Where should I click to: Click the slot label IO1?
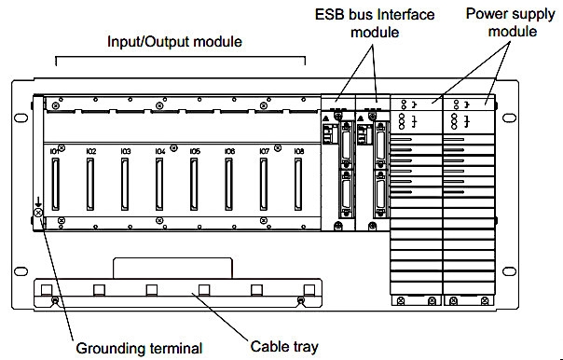point(54,152)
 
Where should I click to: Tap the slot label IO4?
point(160,152)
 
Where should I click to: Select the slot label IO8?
point(299,152)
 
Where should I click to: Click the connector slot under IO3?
point(125,185)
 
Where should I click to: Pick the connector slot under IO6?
point(228,185)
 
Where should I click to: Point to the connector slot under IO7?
point(264,185)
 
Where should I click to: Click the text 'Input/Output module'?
point(174,42)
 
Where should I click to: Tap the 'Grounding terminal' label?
point(139,349)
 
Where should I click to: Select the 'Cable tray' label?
point(284,347)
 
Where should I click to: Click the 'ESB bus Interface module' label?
point(375,23)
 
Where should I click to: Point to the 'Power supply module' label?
point(511,22)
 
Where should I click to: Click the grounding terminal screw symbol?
point(38,213)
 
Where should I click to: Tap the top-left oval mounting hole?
point(21,118)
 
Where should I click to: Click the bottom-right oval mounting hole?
point(509,271)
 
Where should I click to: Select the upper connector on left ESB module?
point(347,145)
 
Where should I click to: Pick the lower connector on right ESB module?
point(380,194)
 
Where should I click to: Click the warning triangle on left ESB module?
point(326,118)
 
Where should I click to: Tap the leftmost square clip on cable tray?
point(47,290)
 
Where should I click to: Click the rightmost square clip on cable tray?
point(309,290)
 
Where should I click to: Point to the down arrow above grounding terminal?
point(38,201)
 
